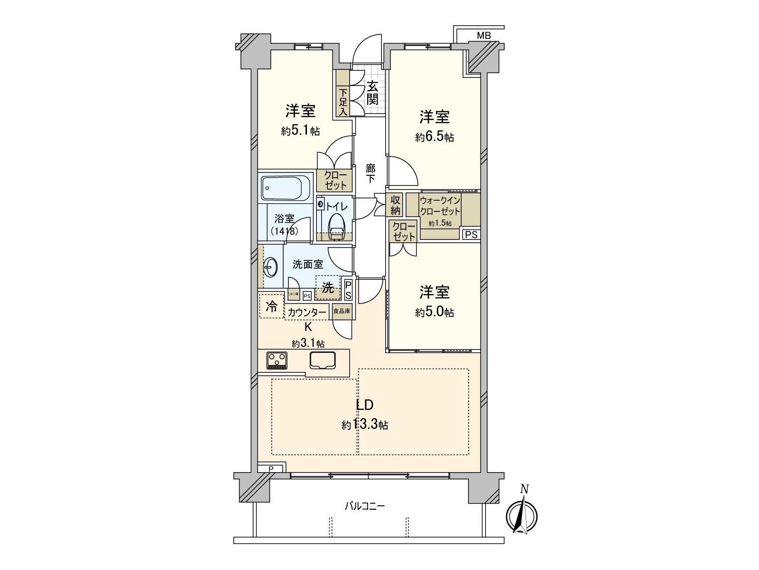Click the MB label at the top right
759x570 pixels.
point(483,35)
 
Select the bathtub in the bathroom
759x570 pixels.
point(286,188)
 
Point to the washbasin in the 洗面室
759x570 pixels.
point(270,267)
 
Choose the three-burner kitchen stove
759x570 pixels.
point(277,360)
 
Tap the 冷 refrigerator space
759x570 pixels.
point(271,306)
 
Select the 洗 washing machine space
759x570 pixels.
point(328,287)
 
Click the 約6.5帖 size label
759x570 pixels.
point(435,137)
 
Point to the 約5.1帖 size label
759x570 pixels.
point(300,132)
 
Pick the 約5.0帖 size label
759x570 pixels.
point(435,312)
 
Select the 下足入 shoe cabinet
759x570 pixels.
point(342,101)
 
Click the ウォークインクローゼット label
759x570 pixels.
point(440,206)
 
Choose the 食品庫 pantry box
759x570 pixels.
point(342,311)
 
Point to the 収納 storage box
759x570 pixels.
point(395,205)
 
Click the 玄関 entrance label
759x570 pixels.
point(372,93)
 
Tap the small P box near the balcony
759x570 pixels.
point(271,469)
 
